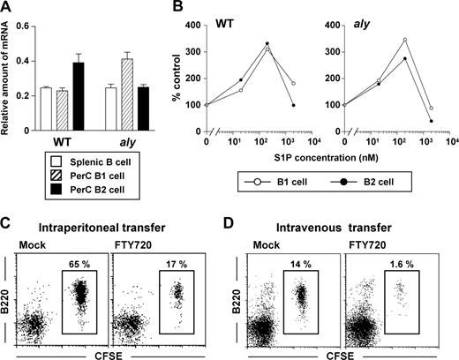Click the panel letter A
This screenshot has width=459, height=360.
7,8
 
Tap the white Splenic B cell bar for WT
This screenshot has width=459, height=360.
45,109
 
